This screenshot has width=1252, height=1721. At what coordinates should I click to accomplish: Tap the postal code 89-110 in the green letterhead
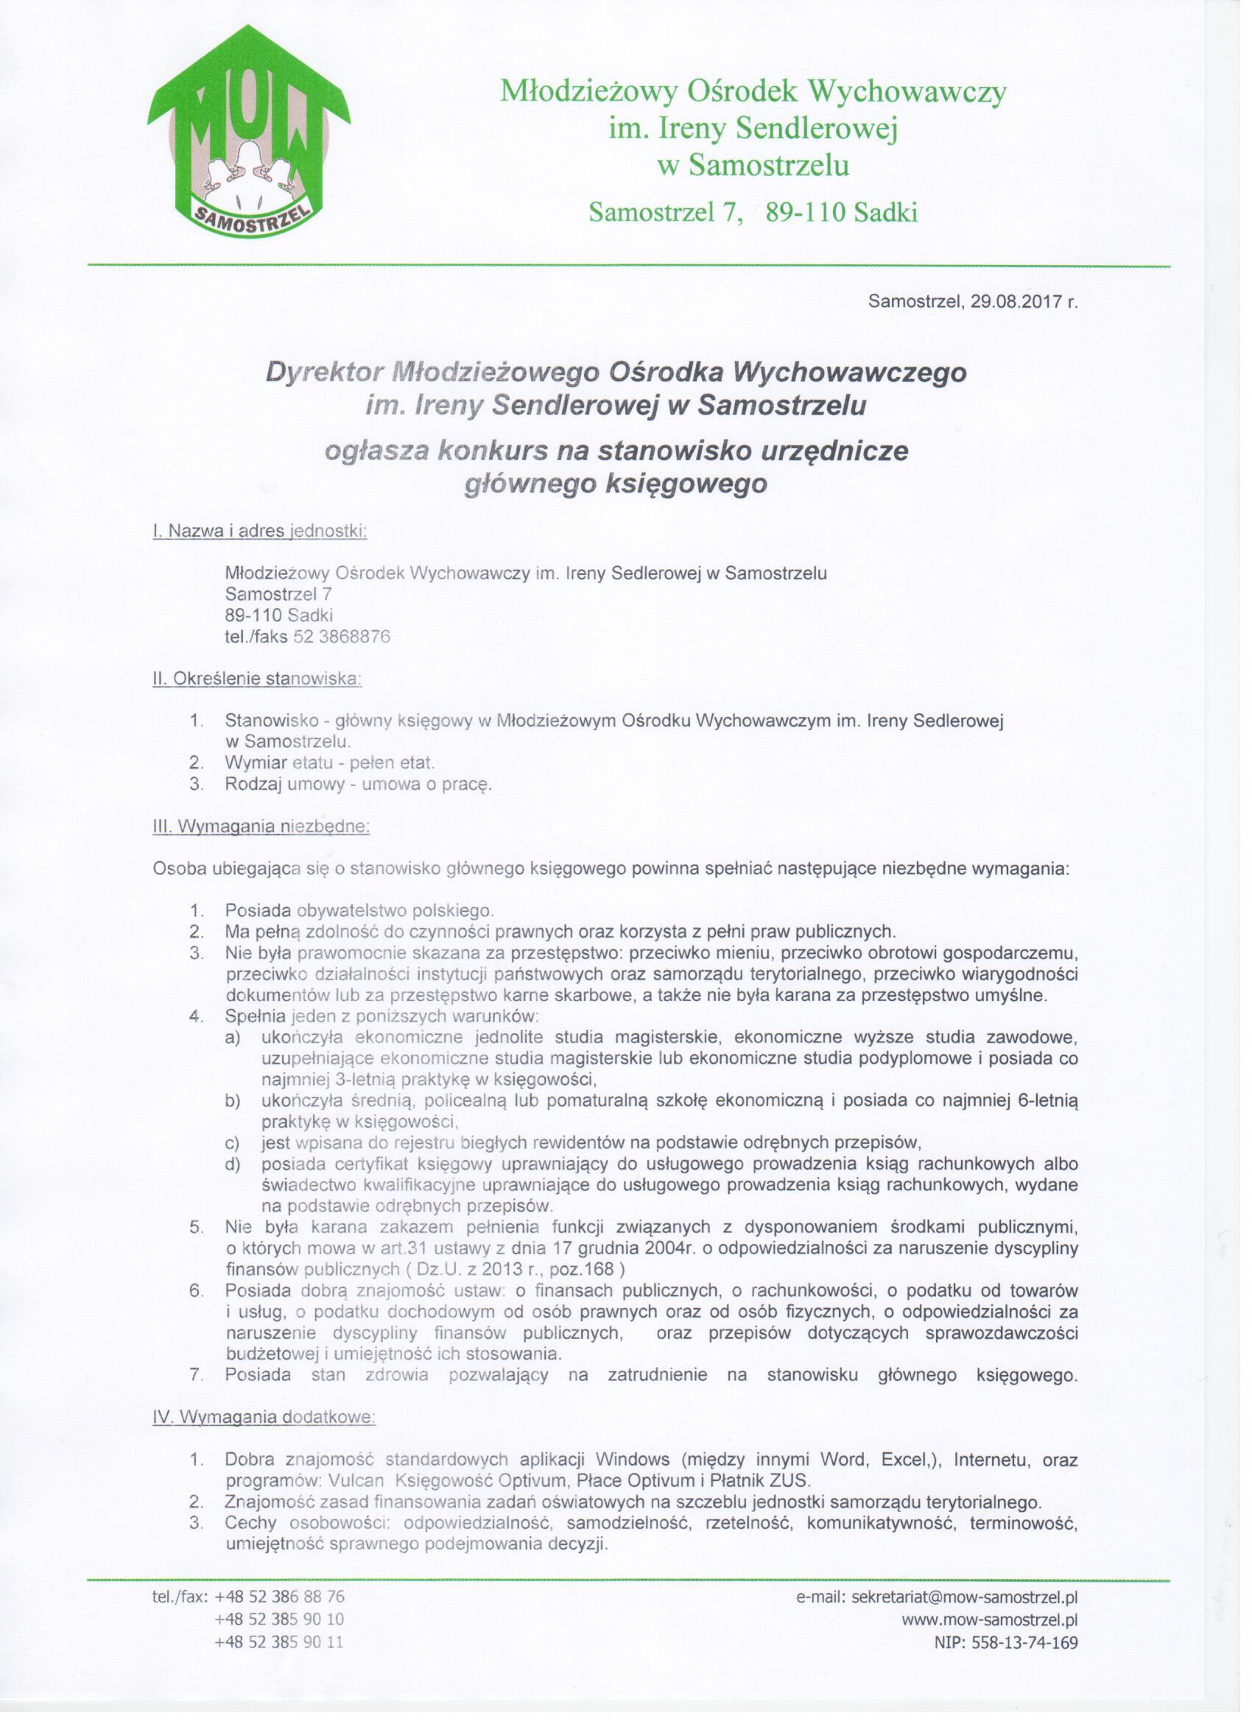pos(805,213)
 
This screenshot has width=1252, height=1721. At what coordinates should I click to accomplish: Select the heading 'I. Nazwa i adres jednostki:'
pos(260,531)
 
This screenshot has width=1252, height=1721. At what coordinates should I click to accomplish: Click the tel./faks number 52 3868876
pos(342,637)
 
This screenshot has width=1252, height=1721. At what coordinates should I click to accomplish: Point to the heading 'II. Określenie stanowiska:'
pos(257,679)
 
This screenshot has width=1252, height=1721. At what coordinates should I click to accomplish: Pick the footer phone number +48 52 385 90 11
pos(279,1642)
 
